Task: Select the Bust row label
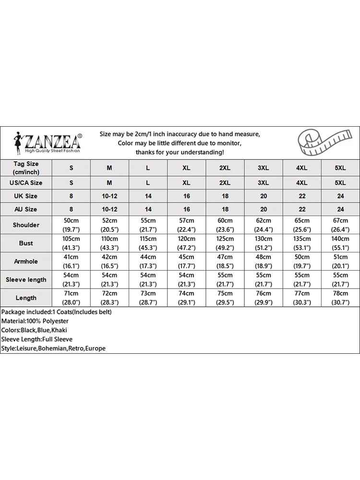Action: click(26, 243)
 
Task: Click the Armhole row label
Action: click(26, 262)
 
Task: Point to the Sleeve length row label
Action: click(26, 280)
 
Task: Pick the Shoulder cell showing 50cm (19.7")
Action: click(71, 225)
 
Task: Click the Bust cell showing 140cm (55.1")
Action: click(340, 243)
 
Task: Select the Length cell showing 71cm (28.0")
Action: click(71, 298)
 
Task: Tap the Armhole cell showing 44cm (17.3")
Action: click(148, 262)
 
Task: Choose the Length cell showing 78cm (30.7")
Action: click(340, 298)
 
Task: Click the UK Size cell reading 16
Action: click(186, 196)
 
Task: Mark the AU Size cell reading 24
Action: click(340, 209)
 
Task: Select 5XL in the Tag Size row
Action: click(340, 168)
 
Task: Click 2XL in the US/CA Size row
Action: click(225, 183)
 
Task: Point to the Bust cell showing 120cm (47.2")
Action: click(186, 243)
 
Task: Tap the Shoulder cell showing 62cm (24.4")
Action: click(263, 225)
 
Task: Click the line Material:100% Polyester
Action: click(35, 321)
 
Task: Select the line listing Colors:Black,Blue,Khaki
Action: click(34, 330)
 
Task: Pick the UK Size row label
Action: click(26, 196)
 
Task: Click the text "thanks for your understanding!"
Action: click(180, 152)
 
